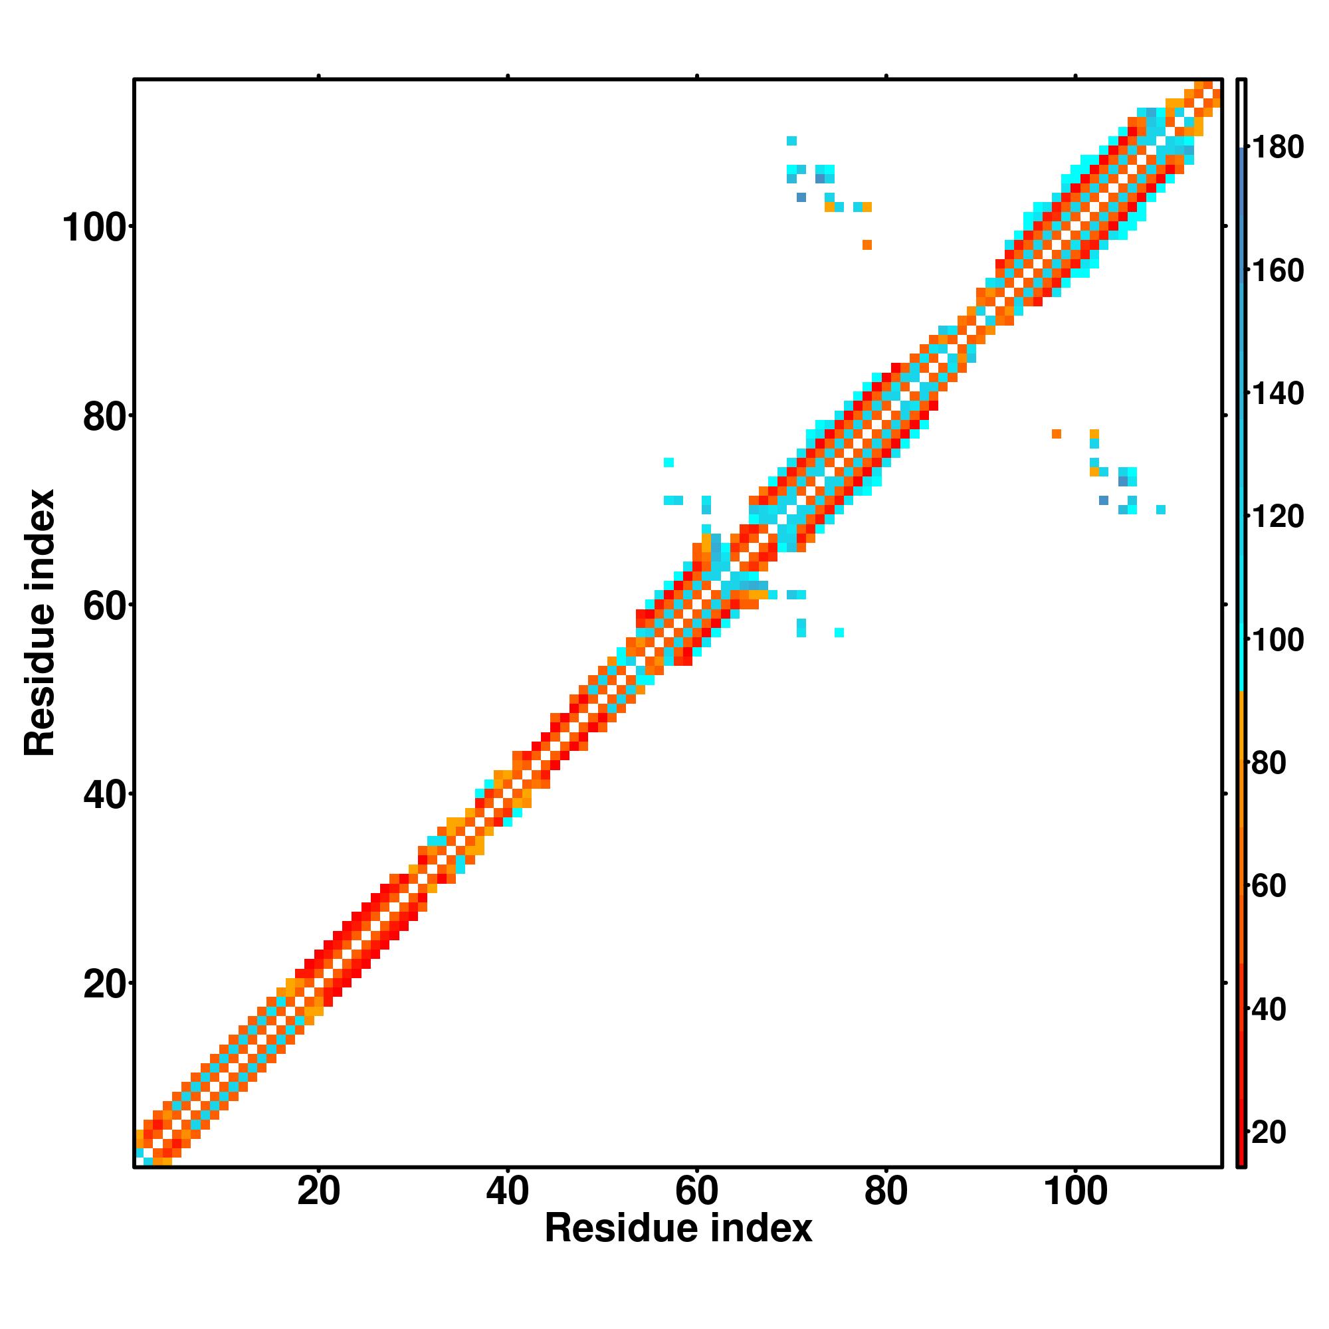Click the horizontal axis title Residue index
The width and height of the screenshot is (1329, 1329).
678,1229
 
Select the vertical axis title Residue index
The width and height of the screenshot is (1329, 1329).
39,623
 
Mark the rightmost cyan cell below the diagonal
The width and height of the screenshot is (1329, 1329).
1161,510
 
